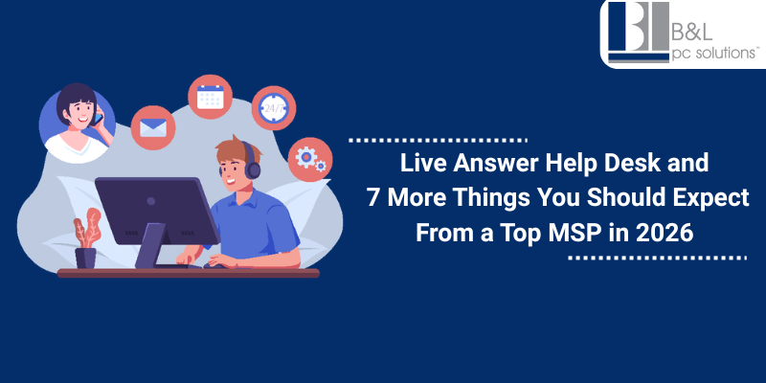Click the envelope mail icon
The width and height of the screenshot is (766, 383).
[152, 127]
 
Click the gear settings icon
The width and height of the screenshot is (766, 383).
[310, 159]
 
